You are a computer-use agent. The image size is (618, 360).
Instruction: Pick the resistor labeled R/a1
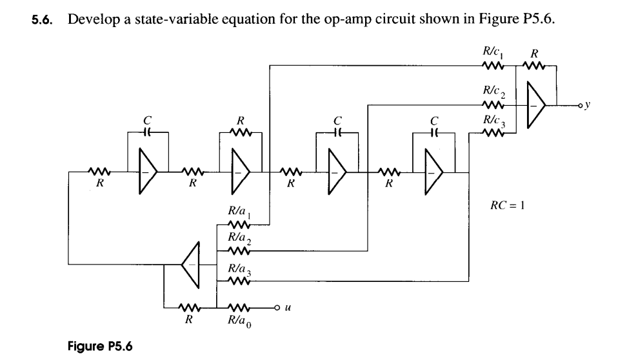click(239, 226)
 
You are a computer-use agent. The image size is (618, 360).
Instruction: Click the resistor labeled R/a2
click(239, 252)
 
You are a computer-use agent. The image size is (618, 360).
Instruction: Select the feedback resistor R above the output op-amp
click(535, 65)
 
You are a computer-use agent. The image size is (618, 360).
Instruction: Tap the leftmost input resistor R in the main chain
click(100, 172)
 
